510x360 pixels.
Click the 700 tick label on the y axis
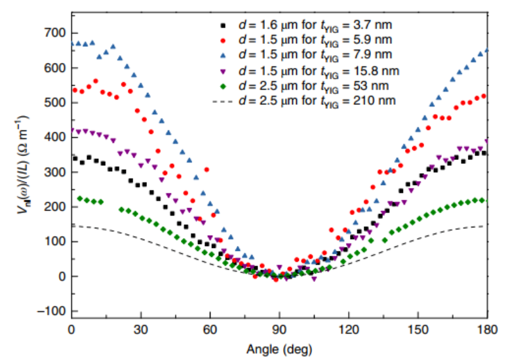[x=56, y=33]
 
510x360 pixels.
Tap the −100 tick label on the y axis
[x=52, y=311]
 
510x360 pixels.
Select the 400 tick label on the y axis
[x=56, y=138]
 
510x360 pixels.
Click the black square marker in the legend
[x=223, y=26]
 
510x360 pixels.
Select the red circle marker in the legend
[x=223, y=41]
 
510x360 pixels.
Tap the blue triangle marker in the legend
[x=223, y=55]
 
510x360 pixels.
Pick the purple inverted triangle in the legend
[x=223, y=70]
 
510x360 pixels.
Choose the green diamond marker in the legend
[x=223, y=85]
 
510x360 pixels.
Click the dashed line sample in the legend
[x=223, y=100]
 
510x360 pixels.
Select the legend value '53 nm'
[x=372, y=85]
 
